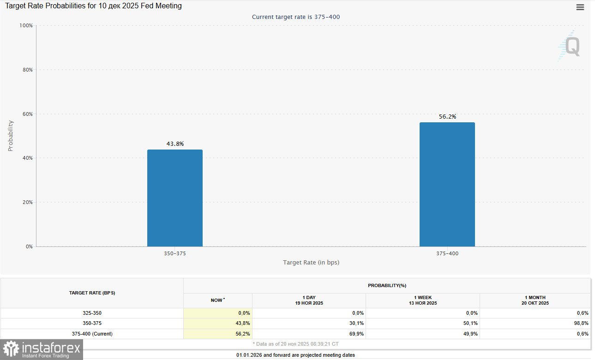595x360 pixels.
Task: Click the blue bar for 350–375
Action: [x=174, y=198]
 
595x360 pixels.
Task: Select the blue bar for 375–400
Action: [x=447, y=185]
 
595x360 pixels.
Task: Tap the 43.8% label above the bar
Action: [x=175, y=144]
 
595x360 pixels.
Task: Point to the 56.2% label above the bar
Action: [x=447, y=117]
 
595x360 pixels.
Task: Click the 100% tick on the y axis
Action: [x=26, y=26]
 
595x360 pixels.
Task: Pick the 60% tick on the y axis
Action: [x=27, y=114]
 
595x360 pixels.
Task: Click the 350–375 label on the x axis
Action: [x=175, y=253]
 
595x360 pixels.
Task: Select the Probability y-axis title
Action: [x=11, y=136]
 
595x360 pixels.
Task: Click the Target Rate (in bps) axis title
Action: [x=311, y=263]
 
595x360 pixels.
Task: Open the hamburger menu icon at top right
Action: [x=580, y=7]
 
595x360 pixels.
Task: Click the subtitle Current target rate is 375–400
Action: [x=296, y=17]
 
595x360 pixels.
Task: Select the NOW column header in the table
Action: [x=217, y=300]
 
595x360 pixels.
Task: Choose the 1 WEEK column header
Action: [x=422, y=300]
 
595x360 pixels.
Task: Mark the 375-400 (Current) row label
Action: [x=92, y=334]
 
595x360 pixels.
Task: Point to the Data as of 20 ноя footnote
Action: [x=295, y=344]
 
